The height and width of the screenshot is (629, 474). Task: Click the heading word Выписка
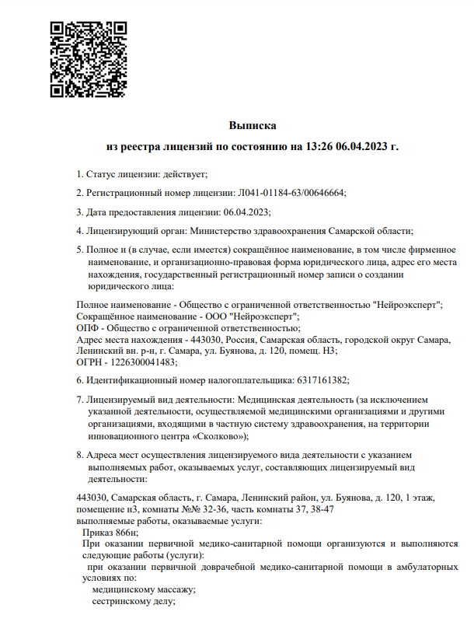click(253, 125)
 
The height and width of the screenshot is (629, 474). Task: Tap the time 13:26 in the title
click(320, 146)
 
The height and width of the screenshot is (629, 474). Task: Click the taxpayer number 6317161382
click(322, 380)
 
